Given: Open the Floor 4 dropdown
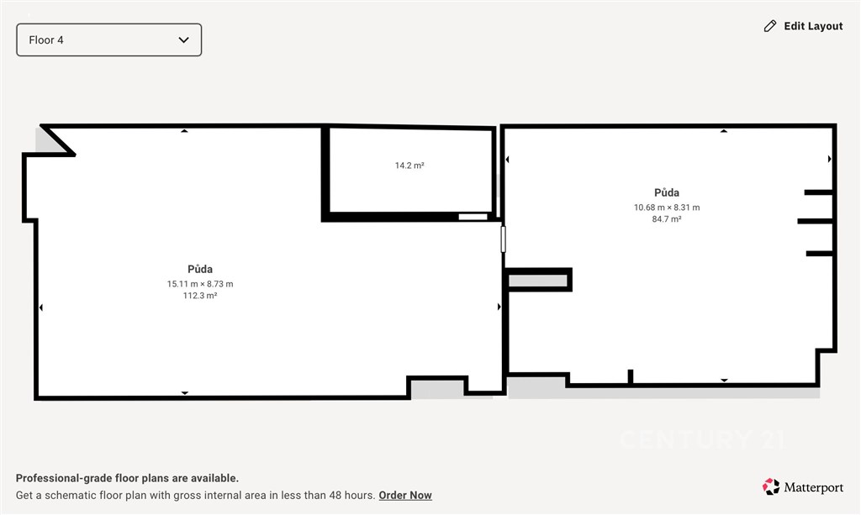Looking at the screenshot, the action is coord(108,39).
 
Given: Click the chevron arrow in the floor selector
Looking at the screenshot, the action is coord(184,39).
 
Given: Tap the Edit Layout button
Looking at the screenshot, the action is coord(803,26).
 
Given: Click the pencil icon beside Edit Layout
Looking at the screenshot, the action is coord(770,26).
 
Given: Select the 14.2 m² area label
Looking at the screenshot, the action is coord(409,165).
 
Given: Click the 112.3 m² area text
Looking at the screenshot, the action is coord(200,295).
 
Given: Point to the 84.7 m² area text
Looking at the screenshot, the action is coord(667,218).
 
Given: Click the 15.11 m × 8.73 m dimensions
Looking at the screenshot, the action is coord(200,284).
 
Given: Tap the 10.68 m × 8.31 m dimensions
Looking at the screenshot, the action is coord(667,208).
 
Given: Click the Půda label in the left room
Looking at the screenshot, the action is coord(200,269).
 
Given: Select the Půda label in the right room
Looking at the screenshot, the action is coord(667,192).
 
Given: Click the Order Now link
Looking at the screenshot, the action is coord(405,495).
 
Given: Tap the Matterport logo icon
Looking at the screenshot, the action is coord(770,486).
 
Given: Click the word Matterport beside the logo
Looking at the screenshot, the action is coord(813,487).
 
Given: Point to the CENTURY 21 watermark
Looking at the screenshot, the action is coord(702,439).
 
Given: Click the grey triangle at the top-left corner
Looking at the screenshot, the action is coord(48,142).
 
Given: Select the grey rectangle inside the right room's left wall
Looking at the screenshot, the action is coord(537,281).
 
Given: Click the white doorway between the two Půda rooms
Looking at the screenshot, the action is coord(503,239).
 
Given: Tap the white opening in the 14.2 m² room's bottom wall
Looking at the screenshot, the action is coord(473,218).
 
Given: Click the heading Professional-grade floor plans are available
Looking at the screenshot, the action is coord(128,478).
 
